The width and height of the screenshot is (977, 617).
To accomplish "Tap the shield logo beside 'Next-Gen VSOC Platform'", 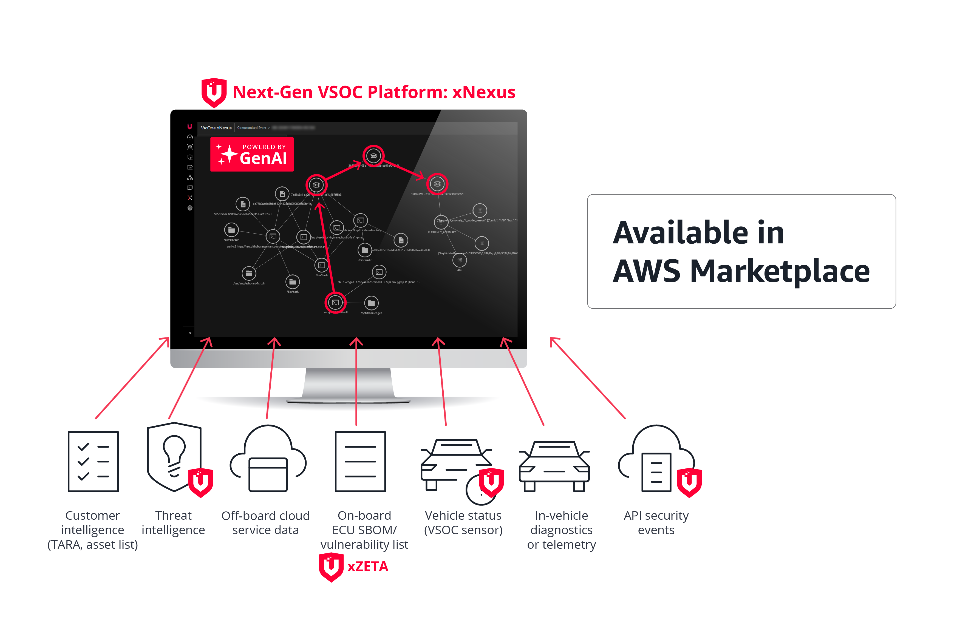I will [x=214, y=92].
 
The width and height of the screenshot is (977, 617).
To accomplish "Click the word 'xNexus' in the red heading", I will [x=484, y=92].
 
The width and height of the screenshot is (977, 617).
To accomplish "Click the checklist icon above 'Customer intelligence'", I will [x=93, y=462].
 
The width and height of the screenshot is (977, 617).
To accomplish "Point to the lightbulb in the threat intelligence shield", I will [x=174, y=450].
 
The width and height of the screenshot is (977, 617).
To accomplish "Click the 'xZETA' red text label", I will [x=368, y=567].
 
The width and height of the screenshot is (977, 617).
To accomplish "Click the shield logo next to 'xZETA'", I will [x=331, y=567].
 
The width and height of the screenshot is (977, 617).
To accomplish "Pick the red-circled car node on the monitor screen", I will [x=373, y=156].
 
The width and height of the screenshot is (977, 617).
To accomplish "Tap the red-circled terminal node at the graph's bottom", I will [x=335, y=303].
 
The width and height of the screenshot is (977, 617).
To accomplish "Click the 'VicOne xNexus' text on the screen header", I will [x=216, y=128].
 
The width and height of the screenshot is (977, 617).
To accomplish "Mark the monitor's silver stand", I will [x=348, y=383].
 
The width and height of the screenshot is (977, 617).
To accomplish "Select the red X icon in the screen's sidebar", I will [x=190, y=198].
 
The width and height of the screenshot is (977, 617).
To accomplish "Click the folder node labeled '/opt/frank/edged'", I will [x=371, y=303].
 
